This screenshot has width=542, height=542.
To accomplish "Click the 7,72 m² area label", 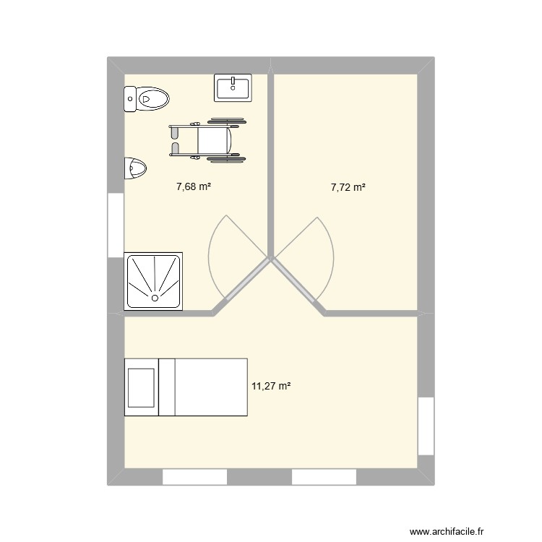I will click(348, 187).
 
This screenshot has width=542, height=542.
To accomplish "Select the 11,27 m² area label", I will click(271, 386).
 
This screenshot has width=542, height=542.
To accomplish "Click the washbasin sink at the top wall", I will click(233, 87).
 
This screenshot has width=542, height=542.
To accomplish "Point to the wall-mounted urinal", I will click(135, 168).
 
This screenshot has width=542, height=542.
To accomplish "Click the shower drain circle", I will click(155, 297).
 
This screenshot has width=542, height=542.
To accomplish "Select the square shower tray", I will click(153, 280).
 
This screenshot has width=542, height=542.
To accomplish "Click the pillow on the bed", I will click(141, 387).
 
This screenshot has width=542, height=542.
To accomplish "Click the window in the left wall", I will click(116, 225).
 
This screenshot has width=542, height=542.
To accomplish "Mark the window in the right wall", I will click(426, 426).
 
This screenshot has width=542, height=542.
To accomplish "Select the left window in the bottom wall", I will click(194, 477).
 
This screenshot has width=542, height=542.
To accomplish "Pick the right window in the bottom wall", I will click(324, 477).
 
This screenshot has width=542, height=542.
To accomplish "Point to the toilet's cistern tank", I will click(130, 98).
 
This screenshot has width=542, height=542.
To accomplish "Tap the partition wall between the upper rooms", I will click(272, 166).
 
